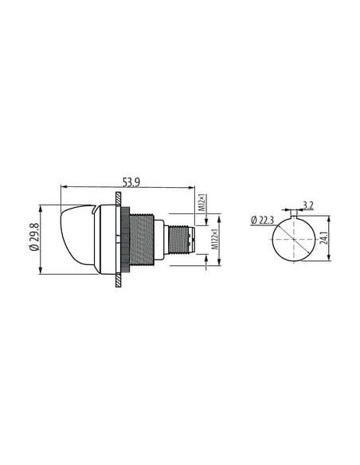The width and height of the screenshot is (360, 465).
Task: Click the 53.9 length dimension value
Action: [x=131, y=182]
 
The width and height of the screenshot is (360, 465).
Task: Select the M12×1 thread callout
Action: [x=202, y=203]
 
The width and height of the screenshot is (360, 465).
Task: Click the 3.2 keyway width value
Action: [x=307, y=205]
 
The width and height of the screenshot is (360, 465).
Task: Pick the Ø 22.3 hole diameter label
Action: [x=262, y=221]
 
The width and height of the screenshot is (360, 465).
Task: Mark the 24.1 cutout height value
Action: [x=324, y=238]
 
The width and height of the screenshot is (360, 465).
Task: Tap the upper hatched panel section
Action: [x=118, y=199]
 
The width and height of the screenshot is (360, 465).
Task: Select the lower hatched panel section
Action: [x=118, y=280]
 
